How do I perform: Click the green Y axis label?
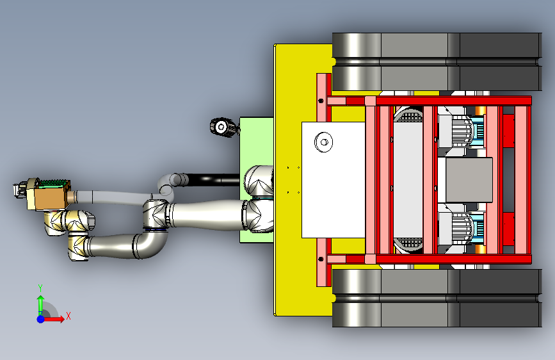coord(40,288)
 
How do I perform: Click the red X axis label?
coord(68,316)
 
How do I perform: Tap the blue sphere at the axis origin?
coord(41,319)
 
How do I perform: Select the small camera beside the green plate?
coord(223,127)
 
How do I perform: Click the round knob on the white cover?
coord(323,142)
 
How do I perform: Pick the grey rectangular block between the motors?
coord(469,180)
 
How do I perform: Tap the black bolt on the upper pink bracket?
coord(321,101)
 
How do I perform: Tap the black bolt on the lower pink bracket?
coord(321,259)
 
